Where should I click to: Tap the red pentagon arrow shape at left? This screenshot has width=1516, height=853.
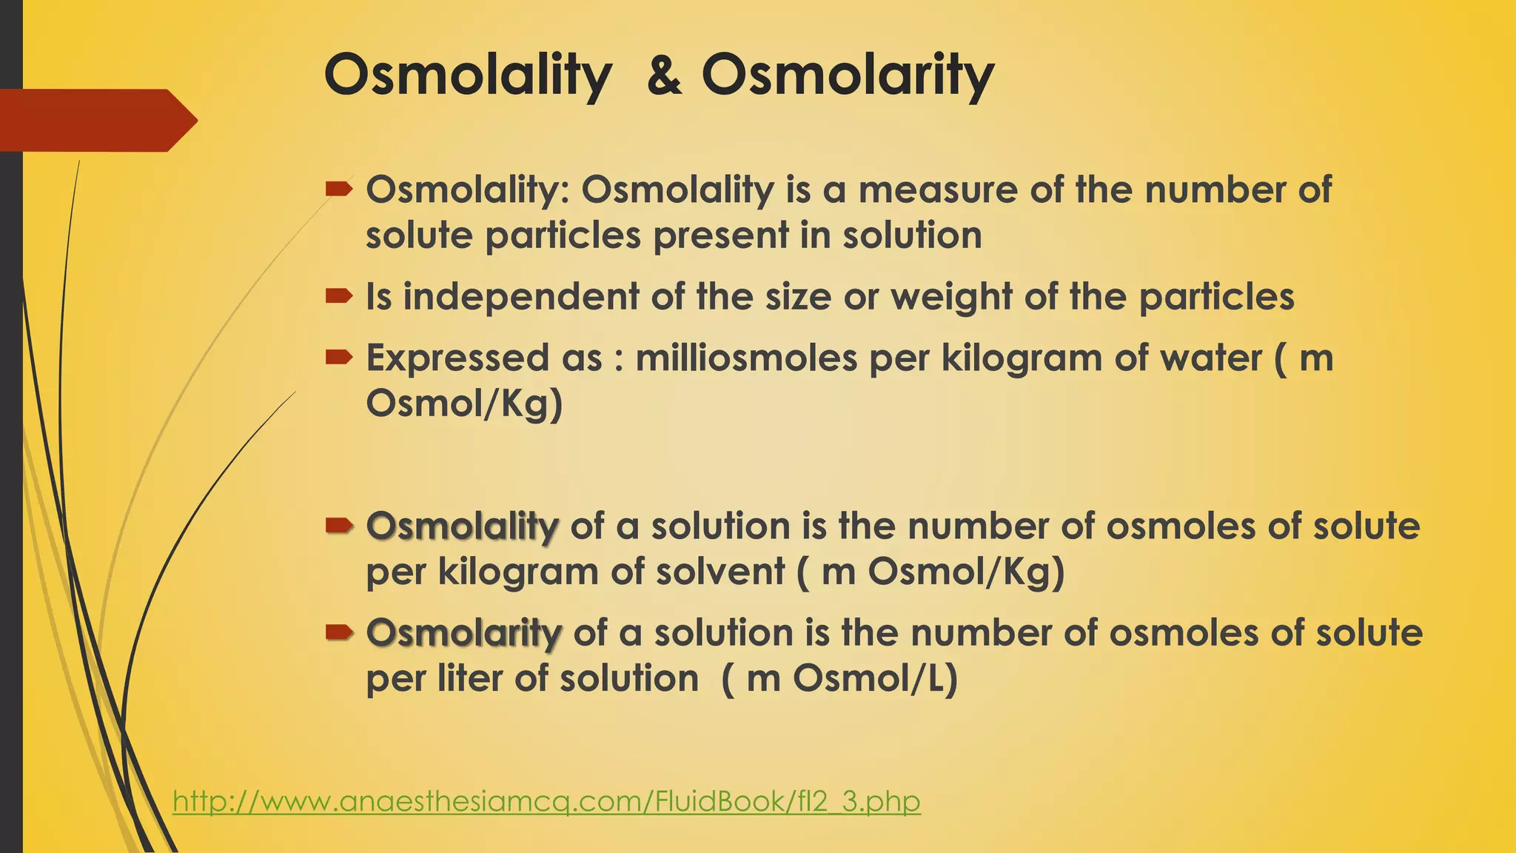[x=96, y=120]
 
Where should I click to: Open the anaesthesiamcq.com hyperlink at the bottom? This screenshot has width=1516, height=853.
[x=546, y=801]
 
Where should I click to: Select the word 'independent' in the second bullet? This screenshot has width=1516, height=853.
[x=520, y=297]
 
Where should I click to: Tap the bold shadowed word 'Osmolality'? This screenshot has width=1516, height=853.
[x=462, y=526]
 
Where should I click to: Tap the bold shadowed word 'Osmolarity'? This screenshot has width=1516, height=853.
[x=463, y=633]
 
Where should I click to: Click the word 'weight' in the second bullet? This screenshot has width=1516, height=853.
[x=950, y=297]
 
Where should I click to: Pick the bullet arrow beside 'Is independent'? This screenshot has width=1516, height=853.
[x=338, y=297]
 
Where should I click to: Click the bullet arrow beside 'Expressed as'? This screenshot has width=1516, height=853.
[x=338, y=358]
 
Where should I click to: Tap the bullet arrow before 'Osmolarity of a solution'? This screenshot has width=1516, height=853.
[x=338, y=632]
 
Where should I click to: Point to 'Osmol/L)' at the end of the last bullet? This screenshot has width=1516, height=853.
[x=875, y=679]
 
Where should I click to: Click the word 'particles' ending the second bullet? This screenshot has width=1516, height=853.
[x=1216, y=297]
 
